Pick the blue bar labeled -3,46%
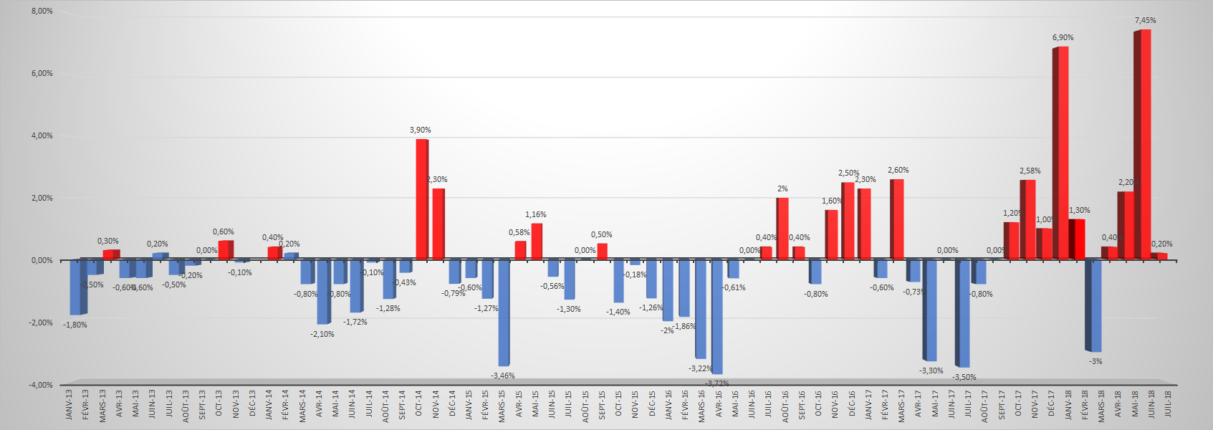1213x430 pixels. click(x=504, y=312)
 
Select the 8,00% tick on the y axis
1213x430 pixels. click(x=42, y=11)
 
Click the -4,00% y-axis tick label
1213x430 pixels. click(x=41, y=386)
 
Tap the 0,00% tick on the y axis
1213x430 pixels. click(x=42, y=261)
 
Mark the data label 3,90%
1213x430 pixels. click(x=421, y=130)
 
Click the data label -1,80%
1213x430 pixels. click(x=75, y=325)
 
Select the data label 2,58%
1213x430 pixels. click(x=1030, y=171)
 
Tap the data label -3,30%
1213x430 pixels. click(x=931, y=371)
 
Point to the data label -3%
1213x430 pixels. click(x=1095, y=362)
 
